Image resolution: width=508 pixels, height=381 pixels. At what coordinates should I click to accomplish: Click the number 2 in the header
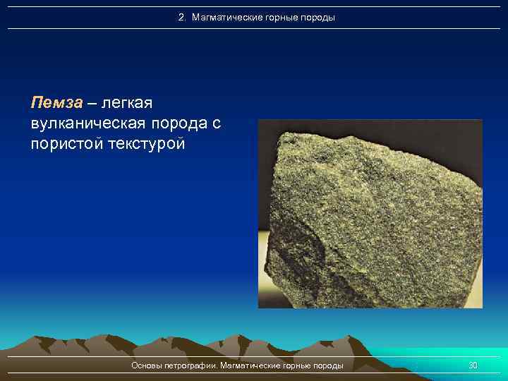click(181, 17)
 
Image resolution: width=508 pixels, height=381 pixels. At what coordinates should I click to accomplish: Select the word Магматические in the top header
click(221, 17)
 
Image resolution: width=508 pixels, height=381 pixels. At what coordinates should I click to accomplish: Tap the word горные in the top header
click(277, 17)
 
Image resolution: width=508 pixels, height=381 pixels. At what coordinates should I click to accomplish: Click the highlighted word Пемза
click(56, 103)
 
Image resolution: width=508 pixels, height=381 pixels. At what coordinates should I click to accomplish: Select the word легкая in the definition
click(127, 103)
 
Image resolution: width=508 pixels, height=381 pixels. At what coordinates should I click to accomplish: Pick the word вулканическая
click(88, 123)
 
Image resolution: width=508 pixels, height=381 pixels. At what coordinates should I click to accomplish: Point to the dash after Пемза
click(92, 103)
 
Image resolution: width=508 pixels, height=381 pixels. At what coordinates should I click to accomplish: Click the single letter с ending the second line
click(216, 124)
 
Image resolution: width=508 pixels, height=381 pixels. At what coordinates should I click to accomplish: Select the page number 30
click(473, 365)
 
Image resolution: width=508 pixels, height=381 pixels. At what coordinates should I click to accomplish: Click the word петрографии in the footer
click(190, 365)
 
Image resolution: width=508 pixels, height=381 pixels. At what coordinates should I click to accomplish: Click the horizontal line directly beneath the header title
click(254, 29)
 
